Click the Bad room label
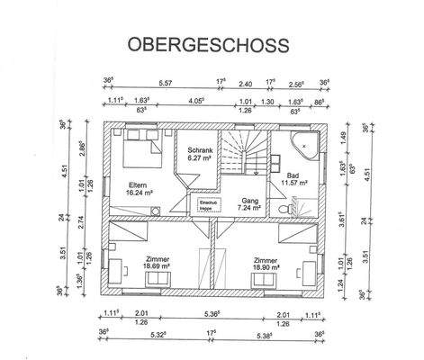click(293, 175)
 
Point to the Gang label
click(249, 201)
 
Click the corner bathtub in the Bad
click(304, 143)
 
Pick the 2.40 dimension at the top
click(245, 83)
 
